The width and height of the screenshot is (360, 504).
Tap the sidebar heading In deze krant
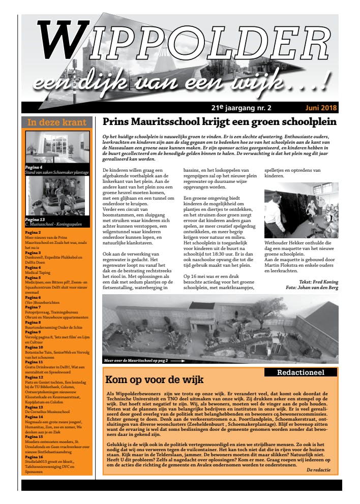57,122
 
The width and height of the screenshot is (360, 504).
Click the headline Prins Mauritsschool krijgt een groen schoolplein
219,122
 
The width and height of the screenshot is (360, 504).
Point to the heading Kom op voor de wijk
154,380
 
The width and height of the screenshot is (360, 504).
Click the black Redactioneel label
301,372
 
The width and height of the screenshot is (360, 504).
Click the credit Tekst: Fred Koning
318,281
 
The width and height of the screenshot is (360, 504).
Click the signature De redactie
319,470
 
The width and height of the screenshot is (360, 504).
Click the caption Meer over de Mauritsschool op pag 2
136,360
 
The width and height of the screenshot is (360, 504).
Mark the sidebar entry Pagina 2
33,232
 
